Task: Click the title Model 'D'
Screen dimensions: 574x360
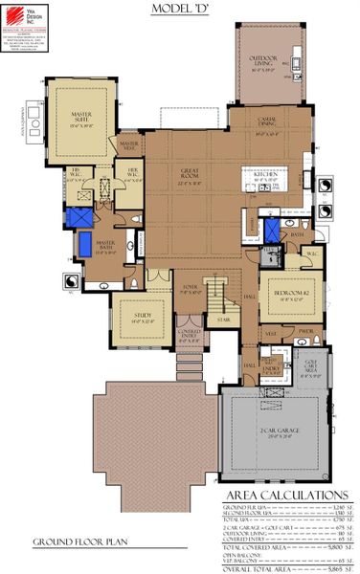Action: point(180,9)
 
